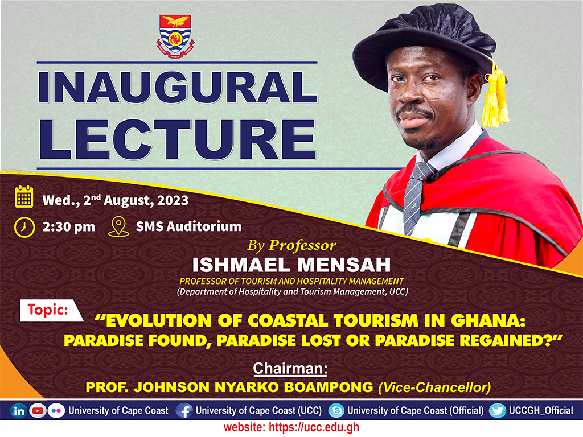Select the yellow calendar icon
click(24, 197)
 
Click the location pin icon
click(118, 226)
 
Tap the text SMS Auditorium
click(188, 226)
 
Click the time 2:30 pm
click(68, 226)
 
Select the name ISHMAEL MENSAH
click(291, 265)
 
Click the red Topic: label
click(48, 311)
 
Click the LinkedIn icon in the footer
click(19, 411)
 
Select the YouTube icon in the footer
click(38, 411)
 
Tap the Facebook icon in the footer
click(184, 411)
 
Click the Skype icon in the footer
click(336, 411)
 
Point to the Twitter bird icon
click(497, 411)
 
